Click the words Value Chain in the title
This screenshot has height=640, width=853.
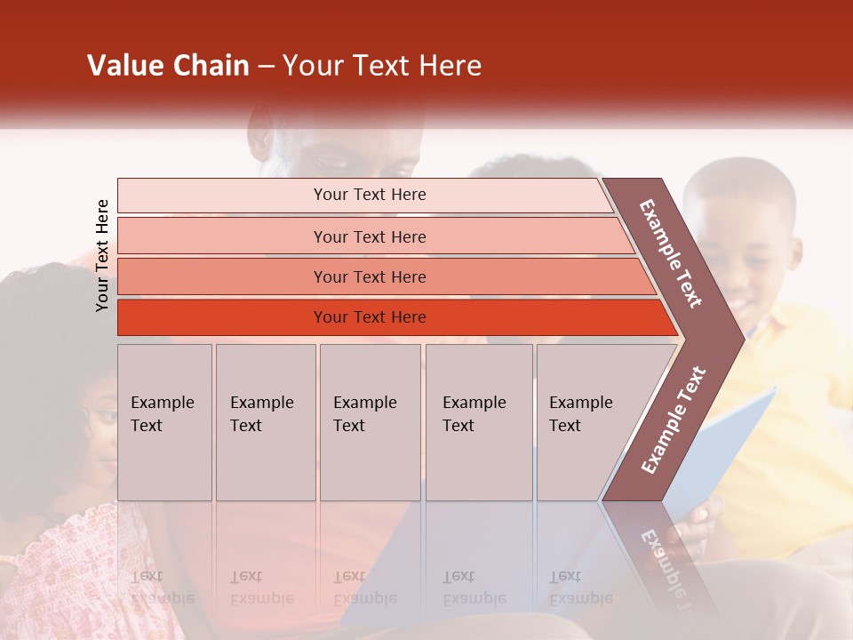168,66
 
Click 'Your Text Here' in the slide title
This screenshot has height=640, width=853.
382,66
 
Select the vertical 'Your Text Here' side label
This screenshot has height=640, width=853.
102,255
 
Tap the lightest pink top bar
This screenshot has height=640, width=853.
369,195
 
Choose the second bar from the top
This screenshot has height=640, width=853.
369,236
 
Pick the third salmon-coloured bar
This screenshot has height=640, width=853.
369,276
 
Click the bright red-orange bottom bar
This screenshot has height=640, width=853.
369,317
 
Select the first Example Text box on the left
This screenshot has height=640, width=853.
164,422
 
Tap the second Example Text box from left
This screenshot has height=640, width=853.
265,422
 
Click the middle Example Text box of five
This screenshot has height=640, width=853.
370,422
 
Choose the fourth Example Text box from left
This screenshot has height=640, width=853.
478,422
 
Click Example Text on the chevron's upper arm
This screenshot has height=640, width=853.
671,253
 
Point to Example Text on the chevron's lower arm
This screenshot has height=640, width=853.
673,420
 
